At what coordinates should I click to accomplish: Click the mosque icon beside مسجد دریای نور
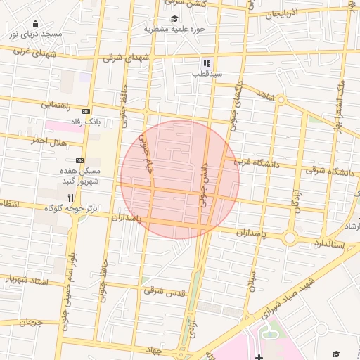[36, 24]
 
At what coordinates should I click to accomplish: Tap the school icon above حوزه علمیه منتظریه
[174, 19]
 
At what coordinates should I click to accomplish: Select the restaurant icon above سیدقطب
[207, 63]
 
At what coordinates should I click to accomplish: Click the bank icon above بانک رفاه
[86, 112]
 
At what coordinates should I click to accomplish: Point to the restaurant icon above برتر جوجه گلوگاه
[70, 198]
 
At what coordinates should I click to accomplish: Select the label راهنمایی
[55, 105]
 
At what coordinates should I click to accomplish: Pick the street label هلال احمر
[48, 141]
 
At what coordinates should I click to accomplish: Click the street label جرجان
[31, 322]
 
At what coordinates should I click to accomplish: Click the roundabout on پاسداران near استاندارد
[290, 238]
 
